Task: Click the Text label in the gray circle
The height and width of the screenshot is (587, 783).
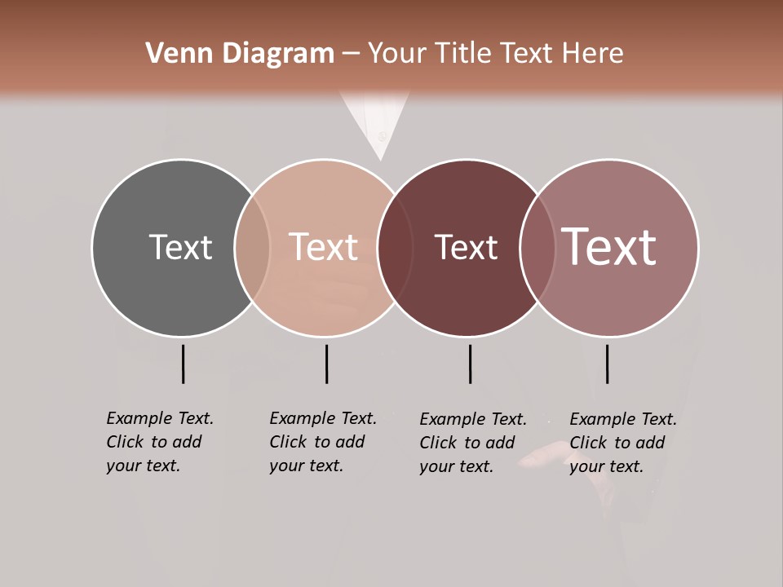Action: [x=180, y=247]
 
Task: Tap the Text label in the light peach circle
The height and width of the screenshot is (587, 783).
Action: [x=323, y=247]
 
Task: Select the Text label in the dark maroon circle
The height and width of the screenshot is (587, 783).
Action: [x=466, y=247]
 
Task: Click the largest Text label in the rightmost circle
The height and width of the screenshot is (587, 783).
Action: [x=608, y=247]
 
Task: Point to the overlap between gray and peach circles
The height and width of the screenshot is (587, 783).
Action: [x=252, y=248]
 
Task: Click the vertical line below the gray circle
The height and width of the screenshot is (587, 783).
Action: [x=183, y=364]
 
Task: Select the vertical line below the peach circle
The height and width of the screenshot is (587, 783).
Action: [x=326, y=364]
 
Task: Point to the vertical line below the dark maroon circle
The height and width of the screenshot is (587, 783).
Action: [x=470, y=364]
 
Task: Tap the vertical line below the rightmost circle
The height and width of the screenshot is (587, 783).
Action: [x=607, y=364]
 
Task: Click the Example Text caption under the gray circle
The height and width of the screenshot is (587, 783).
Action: [x=160, y=442]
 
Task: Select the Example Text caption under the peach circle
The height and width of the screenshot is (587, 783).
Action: [x=323, y=442]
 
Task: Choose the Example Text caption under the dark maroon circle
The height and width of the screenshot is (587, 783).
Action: [x=473, y=443]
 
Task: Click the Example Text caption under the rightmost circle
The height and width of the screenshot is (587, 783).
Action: [x=623, y=443]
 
